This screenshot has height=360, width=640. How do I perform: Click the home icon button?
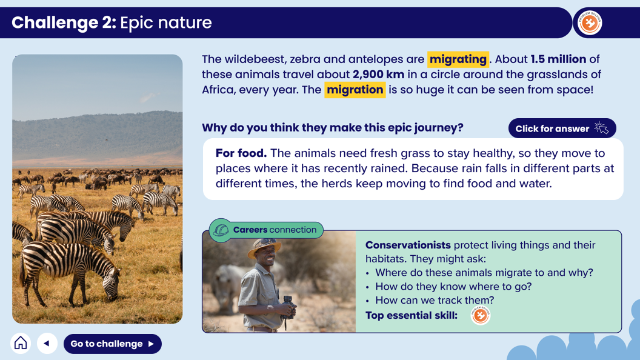pyautogui.click(x=21, y=343)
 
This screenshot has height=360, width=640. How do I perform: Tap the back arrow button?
pyautogui.click(x=47, y=343)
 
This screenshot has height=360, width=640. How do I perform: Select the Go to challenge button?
pyautogui.click(x=113, y=344)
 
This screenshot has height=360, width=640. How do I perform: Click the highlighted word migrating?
pyautogui.click(x=458, y=59)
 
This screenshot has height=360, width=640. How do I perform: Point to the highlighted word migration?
pyautogui.click(x=355, y=90)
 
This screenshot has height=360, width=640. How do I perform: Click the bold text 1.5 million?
pyautogui.click(x=558, y=59)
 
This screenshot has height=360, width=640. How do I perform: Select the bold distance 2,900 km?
pyautogui.click(x=378, y=75)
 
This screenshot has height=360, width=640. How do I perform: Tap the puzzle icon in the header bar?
pyautogui.click(x=589, y=22)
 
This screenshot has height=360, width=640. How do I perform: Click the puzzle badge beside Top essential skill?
pyautogui.click(x=481, y=315)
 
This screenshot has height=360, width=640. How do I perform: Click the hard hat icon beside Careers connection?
pyautogui.click(x=221, y=230)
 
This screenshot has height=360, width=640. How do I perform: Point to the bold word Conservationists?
pyautogui.click(x=408, y=245)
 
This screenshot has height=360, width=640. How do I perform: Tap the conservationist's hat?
pyautogui.click(x=264, y=246)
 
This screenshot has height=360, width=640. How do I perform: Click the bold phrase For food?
pyautogui.click(x=241, y=153)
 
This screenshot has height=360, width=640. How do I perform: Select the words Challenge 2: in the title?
pyautogui.click(x=64, y=22)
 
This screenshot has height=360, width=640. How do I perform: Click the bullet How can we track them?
pyautogui.click(x=435, y=301)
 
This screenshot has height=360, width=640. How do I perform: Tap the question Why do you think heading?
pyautogui.click(x=333, y=128)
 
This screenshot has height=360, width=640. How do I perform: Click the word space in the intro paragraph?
pyautogui.click(x=573, y=90)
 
